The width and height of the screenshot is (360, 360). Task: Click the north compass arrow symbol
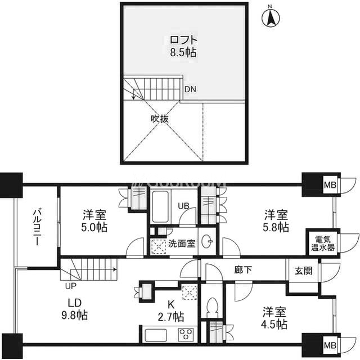pyautogui.click(x=271, y=17)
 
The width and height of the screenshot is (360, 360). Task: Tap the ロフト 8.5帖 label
pyautogui.click(x=183, y=46)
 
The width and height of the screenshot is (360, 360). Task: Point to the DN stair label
pyautogui.click(x=190, y=89)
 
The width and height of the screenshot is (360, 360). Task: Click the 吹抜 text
pyautogui.click(x=160, y=119)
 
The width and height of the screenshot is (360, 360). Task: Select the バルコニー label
pyautogui.click(x=37, y=227)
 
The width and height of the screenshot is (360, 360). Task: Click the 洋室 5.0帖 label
pyautogui.click(x=94, y=221)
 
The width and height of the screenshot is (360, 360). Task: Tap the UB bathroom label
pyautogui.click(x=184, y=206)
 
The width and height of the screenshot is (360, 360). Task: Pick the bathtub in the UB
pyautogui.click(x=160, y=206)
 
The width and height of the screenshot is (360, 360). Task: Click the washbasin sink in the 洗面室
pyautogui.click(x=207, y=241)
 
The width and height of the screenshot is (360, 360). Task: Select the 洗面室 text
pyautogui.click(x=182, y=244)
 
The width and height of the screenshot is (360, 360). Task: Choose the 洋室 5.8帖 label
pyautogui.click(x=276, y=221)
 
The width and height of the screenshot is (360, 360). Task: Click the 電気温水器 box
pyautogui.click(x=323, y=243)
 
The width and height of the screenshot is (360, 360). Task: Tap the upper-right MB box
pyautogui.click(x=330, y=184)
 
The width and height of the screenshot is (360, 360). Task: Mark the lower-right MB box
pyautogui.click(x=330, y=345)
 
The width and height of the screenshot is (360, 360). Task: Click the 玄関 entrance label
pyautogui.click(x=303, y=271)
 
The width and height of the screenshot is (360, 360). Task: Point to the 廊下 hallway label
pyautogui.click(x=243, y=270)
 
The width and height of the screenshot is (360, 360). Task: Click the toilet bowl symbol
pyautogui.click(x=212, y=307)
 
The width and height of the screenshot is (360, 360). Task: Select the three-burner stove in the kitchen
pyautogui.click(x=186, y=335)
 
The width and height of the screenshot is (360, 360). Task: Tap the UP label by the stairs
pyautogui.click(x=70, y=286)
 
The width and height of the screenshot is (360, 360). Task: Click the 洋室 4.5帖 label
pyautogui.click(x=274, y=318)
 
